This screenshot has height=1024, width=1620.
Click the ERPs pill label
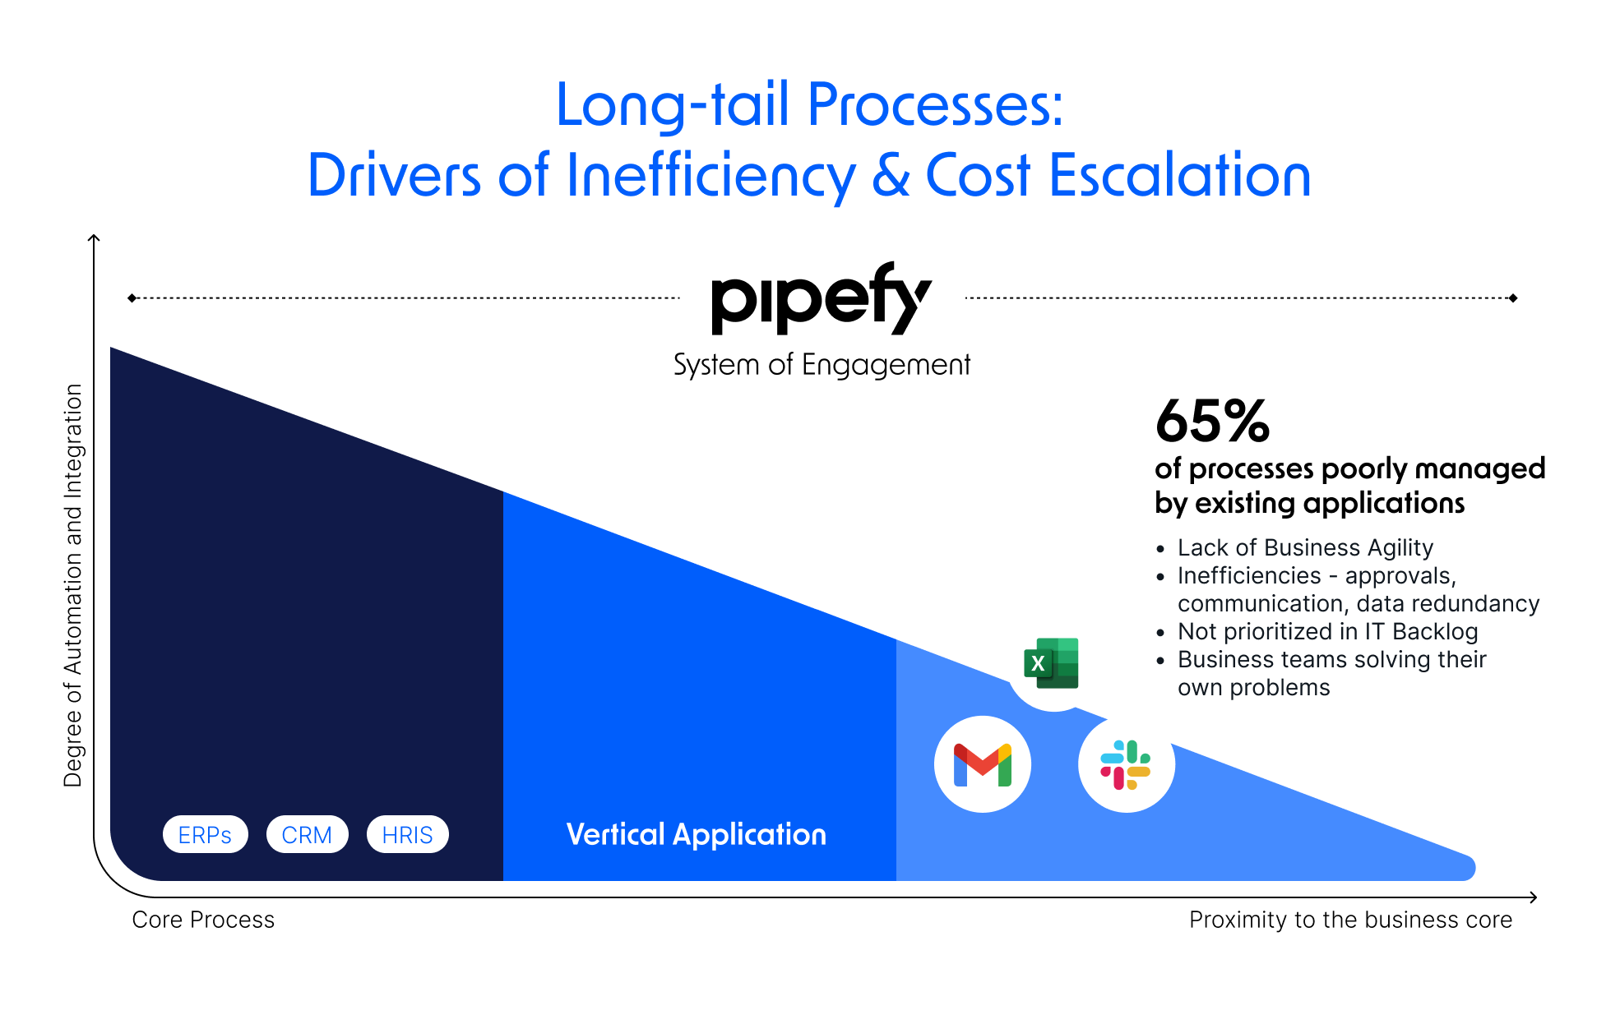coord(205,835)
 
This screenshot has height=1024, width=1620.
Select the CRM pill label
coord(307,835)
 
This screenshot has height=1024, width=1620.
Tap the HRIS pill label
coord(407,835)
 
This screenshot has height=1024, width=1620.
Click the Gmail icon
coord(982,765)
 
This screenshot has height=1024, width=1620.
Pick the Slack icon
coord(1126,765)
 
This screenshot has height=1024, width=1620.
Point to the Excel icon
coord(1052,663)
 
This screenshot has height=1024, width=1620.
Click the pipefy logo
coord(821,299)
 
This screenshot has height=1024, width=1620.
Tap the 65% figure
coord(1212,422)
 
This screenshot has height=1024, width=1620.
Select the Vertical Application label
coord(696,835)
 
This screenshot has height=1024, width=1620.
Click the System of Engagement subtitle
coord(822,365)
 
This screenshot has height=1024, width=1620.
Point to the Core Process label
coord(203,920)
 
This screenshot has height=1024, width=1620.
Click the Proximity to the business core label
coord(1350,920)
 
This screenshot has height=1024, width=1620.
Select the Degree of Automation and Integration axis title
coord(73,585)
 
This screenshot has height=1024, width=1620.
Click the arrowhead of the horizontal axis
coord(1533,897)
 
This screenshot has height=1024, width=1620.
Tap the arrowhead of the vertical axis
coord(94,239)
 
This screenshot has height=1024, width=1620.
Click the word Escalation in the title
coord(1180,176)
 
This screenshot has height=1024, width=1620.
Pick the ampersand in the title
coord(891,176)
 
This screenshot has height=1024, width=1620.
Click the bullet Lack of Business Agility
coord(1305,547)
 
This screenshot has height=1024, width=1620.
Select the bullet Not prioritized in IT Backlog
coord(1327,631)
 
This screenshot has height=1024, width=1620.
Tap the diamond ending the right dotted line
coord(1513,298)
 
